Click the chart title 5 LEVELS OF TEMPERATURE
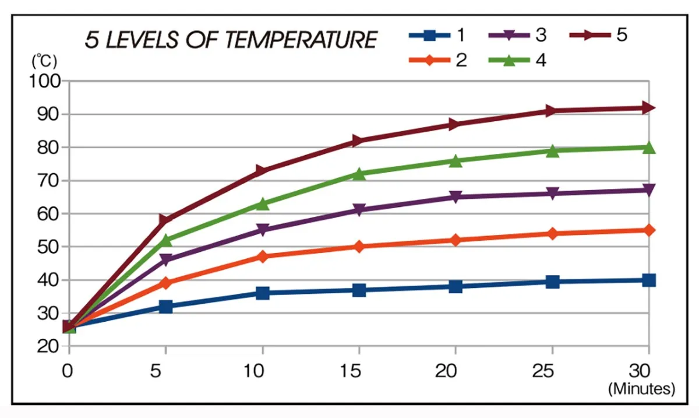tap(231, 40)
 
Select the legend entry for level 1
tap(437, 36)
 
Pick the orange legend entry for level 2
tap(437, 60)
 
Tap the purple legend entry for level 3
tap(518, 36)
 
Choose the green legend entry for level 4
tap(518, 60)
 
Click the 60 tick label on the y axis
tap(48, 214)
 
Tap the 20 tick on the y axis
tap(48, 346)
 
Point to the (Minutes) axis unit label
tap(641, 388)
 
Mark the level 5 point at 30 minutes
tap(648, 108)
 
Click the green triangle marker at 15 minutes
tap(359, 174)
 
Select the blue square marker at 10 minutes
tap(262, 293)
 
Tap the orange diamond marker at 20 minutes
tap(456, 240)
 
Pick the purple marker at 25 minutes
tap(552, 194)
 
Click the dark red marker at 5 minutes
tap(165, 220)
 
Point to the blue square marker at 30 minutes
tap(648, 280)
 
